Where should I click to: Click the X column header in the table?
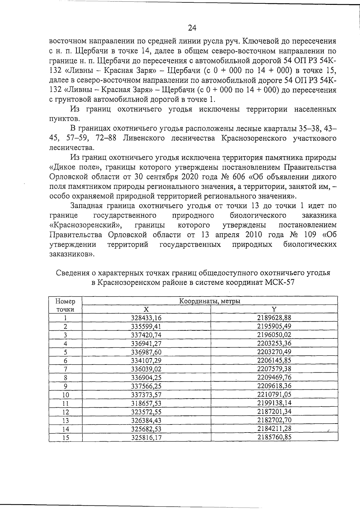click(x=146, y=309)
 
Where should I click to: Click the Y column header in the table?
click(x=274, y=309)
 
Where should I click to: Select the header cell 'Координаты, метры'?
click(x=210, y=301)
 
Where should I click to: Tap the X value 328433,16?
click(x=146, y=318)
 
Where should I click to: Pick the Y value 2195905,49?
click(x=274, y=326)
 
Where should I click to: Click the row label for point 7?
click(x=65, y=369)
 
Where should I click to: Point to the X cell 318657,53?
click(x=146, y=403)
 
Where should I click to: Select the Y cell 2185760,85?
click(x=274, y=437)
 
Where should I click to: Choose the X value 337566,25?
click(x=146, y=386)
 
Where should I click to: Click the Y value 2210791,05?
click(x=274, y=394)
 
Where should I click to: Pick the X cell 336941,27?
click(x=146, y=343)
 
